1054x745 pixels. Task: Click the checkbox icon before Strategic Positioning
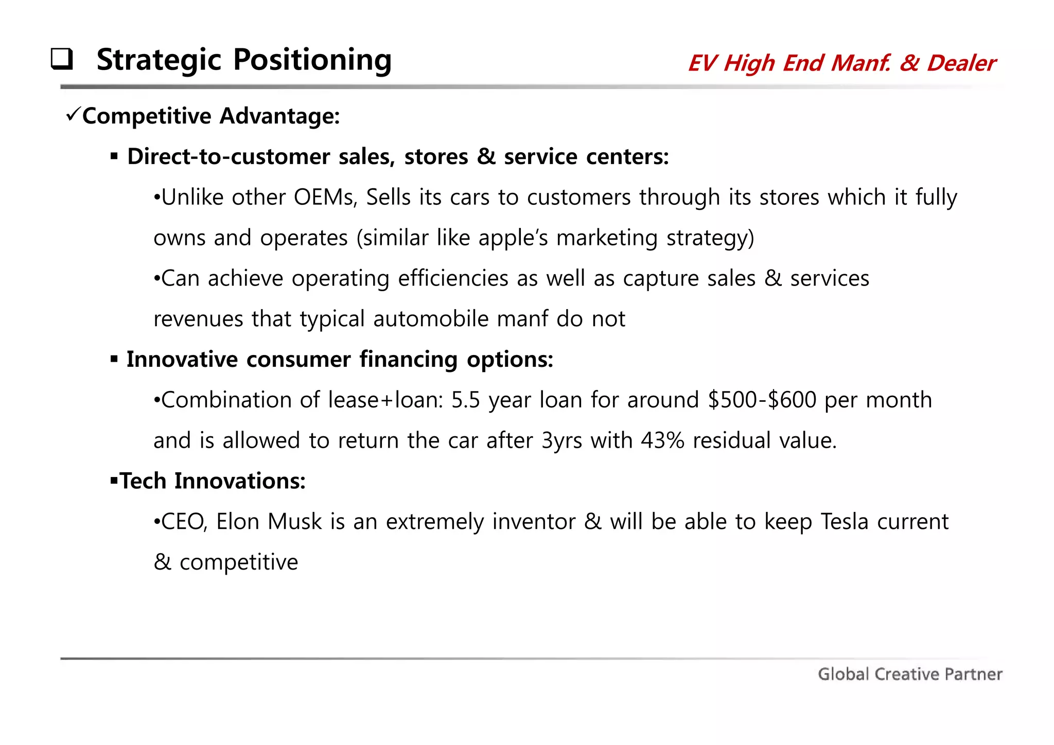click(62, 59)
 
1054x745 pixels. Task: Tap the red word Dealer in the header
click(961, 63)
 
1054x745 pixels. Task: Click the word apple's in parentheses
click(513, 238)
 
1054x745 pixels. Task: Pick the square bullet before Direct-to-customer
click(114, 156)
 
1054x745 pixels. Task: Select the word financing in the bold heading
click(408, 360)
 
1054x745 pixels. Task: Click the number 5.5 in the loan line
click(465, 400)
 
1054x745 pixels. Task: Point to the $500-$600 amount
click(762, 400)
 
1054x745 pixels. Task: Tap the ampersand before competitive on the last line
click(162, 562)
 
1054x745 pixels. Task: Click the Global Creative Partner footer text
click(910, 674)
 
